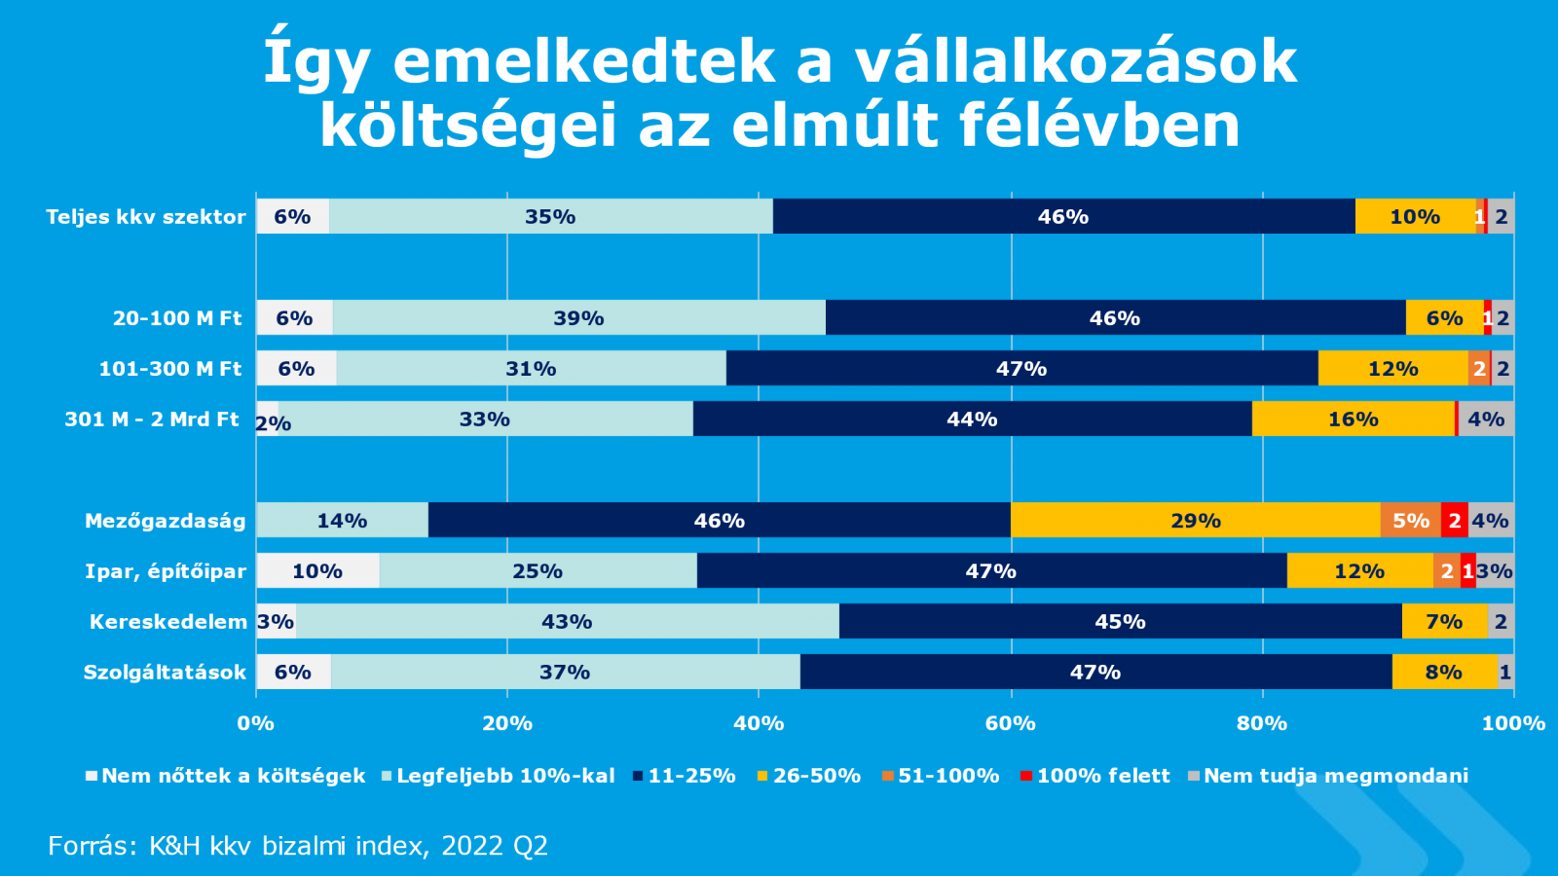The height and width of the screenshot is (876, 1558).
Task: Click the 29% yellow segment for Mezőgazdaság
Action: [x=1195, y=521]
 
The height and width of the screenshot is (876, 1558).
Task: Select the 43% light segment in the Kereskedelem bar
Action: [x=567, y=622]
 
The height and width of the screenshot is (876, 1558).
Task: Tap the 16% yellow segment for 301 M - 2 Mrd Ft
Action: [x=1353, y=420]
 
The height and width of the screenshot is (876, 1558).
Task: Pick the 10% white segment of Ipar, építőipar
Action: [x=317, y=571]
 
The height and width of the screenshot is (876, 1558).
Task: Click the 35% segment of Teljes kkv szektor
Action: [x=550, y=217]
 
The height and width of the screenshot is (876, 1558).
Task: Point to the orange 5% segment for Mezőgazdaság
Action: [x=1410, y=521]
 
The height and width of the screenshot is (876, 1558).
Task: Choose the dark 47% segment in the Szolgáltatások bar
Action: [x=1095, y=673]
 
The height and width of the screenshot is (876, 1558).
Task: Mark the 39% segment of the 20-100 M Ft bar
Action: [x=578, y=318]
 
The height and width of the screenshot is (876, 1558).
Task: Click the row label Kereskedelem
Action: [x=167, y=622]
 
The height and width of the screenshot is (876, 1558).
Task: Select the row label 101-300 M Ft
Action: [x=170, y=369]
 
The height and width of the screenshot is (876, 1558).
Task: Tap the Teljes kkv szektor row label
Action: [x=146, y=217]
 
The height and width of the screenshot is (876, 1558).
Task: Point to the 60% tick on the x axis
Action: [x=1010, y=723]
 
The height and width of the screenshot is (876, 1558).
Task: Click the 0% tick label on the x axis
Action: [x=256, y=723]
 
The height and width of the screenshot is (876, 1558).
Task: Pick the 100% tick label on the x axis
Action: [x=1513, y=723]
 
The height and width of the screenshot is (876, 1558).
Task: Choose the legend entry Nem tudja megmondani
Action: [x=1335, y=776]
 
